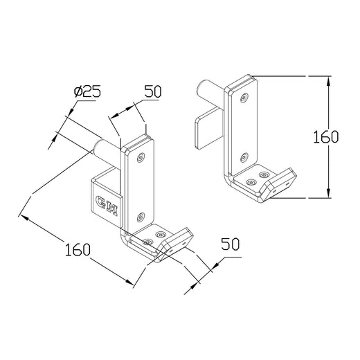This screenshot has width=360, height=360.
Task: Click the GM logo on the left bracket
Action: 106,206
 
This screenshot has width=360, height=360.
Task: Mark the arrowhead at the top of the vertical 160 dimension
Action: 326,76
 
